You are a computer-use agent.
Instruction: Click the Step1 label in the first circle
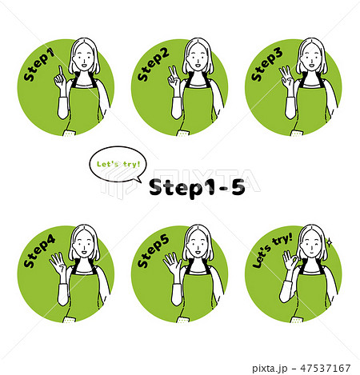tap(39, 65)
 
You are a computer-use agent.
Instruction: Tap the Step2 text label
tap(153, 65)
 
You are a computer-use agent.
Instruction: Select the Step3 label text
tap(266, 65)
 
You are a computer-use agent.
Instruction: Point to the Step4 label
tap(39, 251)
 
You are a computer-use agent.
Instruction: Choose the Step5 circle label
tap(153, 251)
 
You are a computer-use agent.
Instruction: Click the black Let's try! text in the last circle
tap(272, 250)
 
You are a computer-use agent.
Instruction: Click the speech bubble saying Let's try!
tap(118, 165)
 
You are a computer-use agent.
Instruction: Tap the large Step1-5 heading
tap(197, 188)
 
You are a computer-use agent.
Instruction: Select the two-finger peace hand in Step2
tap(174, 78)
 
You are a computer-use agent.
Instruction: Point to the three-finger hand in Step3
tap(286, 78)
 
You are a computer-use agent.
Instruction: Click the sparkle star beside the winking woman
tap(330, 242)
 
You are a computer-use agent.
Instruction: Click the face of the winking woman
tap(310, 244)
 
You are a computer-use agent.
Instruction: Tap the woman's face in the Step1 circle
tap(83, 58)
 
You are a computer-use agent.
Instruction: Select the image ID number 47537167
tap(325, 369)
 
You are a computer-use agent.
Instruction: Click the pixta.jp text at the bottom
tap(270, 369)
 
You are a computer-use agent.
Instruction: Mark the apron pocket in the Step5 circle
tap(183, 319)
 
